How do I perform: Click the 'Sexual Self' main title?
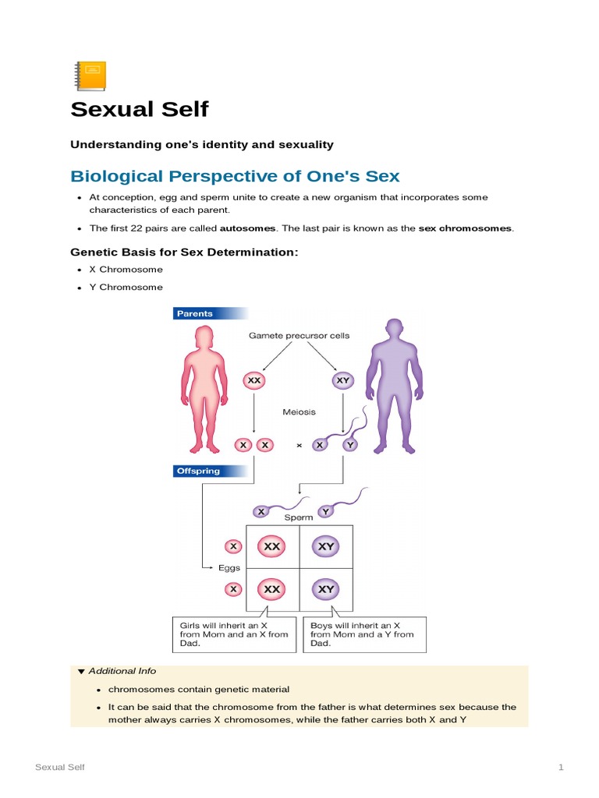pyautogui.click(x=140, y=109)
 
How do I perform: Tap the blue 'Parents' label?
pyautogui.click(x=195, y=313)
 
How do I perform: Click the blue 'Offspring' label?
pyautogui.click(x=198, y=471)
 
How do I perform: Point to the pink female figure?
pyautogui.click(x=204, y=385)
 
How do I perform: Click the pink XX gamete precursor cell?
pyautogui.click(x=253, y=381)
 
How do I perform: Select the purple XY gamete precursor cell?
pyautogui.click(x=342, y=381)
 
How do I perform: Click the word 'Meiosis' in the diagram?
pyautogui.click(x=299, y=411)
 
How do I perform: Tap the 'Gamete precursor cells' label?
pyautogui.click(x=299, y=335)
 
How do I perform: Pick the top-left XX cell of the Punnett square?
pyautogui.click(x=271, y=547)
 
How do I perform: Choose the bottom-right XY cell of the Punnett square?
pyautogui.click(x=326, y=589)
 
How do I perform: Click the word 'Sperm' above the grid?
pyautogui.click(x=299, y=517)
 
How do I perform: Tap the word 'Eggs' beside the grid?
pyautogui.click(x=229, y=568)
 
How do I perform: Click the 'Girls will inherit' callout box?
pyautogui.click(x=233, y=634)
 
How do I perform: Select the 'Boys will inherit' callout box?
pyautogui.click(x=364, y=634)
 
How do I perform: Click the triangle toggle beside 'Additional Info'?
pyautogui.click(x=80, y=671)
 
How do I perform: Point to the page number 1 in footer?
pyautogui.click(x=560, y=768)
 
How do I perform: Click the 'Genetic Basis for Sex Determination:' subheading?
pyautogui.click(x=184, y=252)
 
